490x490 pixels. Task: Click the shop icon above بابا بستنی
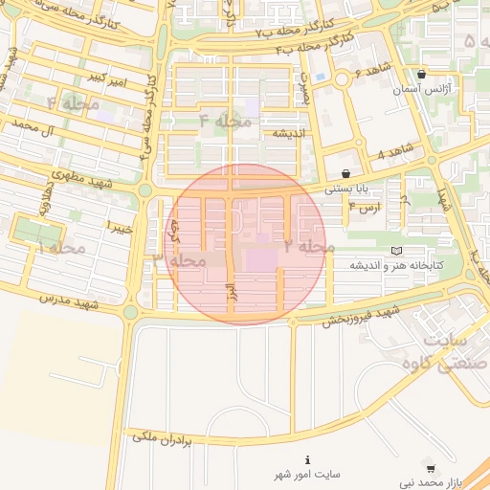[345, 173]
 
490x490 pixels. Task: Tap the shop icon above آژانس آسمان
[421, 75]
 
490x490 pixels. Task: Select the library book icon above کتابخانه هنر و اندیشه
[396, 251]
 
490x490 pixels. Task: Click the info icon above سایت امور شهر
[306, 459]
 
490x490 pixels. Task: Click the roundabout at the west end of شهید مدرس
[131, 312]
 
